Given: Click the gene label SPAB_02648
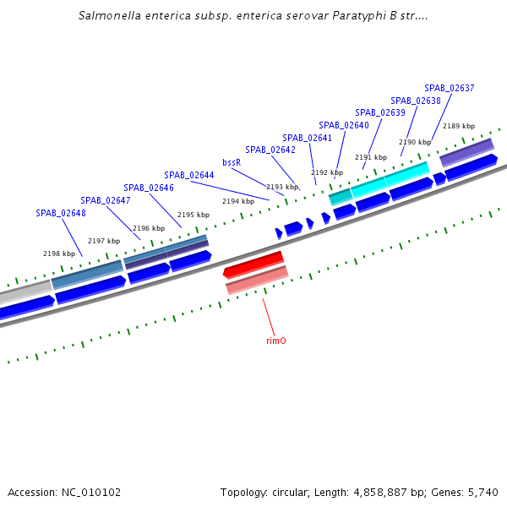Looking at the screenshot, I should tap(61, 213).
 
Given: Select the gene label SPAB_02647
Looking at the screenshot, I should tap(106, 200).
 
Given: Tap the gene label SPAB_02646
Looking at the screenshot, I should tap(149, 188).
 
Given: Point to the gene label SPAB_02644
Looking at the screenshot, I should tap(189, 175).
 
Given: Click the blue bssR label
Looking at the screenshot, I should tap(232, 162).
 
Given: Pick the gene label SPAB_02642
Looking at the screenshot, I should tap(270, 150).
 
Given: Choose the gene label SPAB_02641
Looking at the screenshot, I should tap(307, 138).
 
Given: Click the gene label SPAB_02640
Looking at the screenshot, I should tap(344, 125).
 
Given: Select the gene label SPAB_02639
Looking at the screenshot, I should tap(380, 112).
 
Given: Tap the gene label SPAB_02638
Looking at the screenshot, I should tap(416, 101).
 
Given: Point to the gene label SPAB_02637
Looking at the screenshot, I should tap(450, 88).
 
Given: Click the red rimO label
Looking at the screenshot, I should tap(275, 341).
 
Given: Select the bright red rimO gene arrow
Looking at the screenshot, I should tap(253, 264).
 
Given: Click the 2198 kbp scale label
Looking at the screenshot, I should tap(59, 253).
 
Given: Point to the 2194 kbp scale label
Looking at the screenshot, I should tap(238, 201).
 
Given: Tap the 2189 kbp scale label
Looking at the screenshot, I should tap(459, 126).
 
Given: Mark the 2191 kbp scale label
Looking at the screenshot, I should tap(371, 157).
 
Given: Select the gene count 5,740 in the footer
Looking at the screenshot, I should tap(482, 492).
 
